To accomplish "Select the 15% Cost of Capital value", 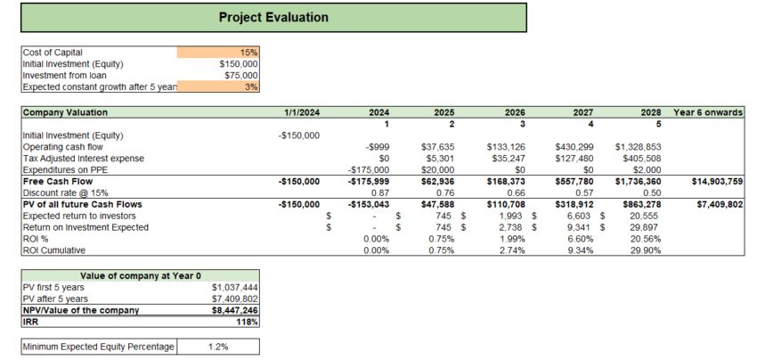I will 248,53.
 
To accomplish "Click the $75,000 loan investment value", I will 239,76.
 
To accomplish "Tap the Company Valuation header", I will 65,112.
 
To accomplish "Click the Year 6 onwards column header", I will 709,112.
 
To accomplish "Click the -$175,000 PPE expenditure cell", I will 370,169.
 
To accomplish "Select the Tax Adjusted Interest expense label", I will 79,159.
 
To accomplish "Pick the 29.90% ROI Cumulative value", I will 644,251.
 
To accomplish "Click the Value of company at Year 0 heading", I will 140,275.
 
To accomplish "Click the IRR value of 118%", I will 248,322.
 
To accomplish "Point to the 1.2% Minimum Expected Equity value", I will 215,346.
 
